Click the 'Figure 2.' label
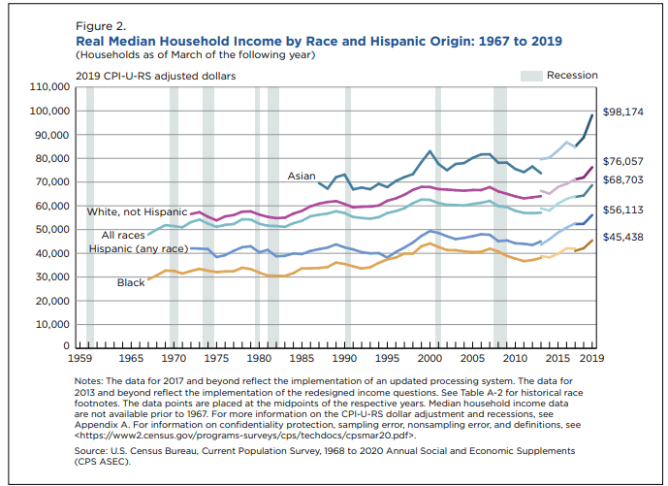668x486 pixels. (x=98, y=26)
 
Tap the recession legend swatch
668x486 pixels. (x=530, y=75)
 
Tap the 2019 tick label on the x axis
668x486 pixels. (x=591, y=358)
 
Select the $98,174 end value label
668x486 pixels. (x=623, y=113)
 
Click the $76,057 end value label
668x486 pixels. (x=623, y=161)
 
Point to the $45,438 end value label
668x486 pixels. (x=623, y=237)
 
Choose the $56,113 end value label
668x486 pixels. (x=623, y=209)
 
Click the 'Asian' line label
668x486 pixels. (x=301, y=176)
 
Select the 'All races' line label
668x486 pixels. (x=124, y=235)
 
